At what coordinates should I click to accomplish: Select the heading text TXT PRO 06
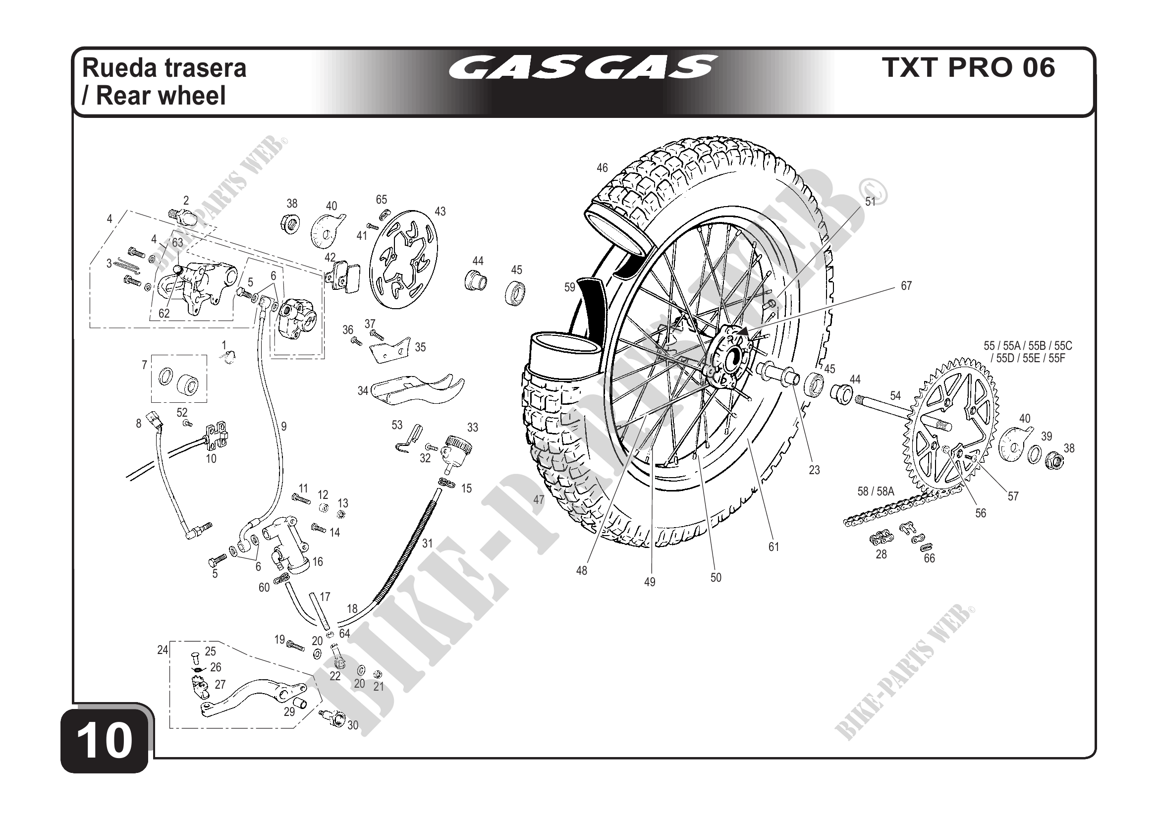[968, 67]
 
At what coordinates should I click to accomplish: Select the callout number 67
[906, 286]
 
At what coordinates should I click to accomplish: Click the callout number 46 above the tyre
[602, 167]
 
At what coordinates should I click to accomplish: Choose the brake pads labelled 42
[343, 275]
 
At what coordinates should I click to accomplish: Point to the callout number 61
[773, 546]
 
